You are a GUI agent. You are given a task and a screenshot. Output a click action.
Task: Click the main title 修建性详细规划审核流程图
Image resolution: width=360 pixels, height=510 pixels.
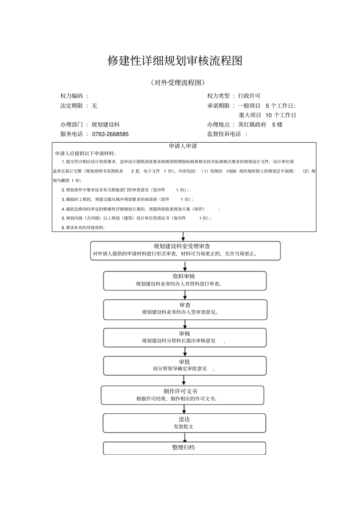(175, 61)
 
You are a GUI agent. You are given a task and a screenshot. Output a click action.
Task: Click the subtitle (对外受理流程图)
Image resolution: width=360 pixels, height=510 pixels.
(177, 83)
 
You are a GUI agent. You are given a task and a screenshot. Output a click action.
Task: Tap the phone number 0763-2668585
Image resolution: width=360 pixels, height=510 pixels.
(110, 134)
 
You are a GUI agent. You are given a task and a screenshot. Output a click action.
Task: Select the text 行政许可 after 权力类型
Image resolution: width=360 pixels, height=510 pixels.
(249, 96)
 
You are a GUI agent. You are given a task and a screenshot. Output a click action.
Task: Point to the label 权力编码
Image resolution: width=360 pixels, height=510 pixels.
(72, 96)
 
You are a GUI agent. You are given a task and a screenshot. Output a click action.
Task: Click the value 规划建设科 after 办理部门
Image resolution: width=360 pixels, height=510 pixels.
(105, 125)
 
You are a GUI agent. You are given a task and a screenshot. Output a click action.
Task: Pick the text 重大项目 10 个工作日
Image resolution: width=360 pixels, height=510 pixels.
(267, 115)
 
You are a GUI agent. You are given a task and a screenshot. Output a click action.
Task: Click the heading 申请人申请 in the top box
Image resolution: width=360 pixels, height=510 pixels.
(183, 146)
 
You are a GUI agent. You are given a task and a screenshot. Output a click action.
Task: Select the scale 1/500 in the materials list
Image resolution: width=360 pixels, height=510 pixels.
(231, 171)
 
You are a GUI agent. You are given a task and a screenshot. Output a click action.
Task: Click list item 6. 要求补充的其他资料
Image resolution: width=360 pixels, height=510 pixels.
(83, 228)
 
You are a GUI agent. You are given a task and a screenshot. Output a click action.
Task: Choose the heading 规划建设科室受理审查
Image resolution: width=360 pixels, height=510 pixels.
(182, 246)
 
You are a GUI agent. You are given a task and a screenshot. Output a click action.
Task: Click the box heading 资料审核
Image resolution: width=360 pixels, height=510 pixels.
(184, 276)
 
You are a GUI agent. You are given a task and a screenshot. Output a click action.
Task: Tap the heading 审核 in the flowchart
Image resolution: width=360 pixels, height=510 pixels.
(185, 334)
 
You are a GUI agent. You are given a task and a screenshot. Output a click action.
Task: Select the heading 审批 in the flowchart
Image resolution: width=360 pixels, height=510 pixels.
(185, 362)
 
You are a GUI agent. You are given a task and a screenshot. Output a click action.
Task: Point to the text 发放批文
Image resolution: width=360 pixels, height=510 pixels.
(183, 427)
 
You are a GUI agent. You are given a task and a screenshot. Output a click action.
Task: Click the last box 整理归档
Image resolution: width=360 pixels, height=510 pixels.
(184, 447)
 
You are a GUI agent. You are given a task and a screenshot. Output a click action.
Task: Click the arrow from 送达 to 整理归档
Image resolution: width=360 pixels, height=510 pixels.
(185, 437)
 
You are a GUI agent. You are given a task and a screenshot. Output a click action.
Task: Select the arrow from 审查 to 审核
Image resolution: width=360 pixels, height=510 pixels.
(185, 324)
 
